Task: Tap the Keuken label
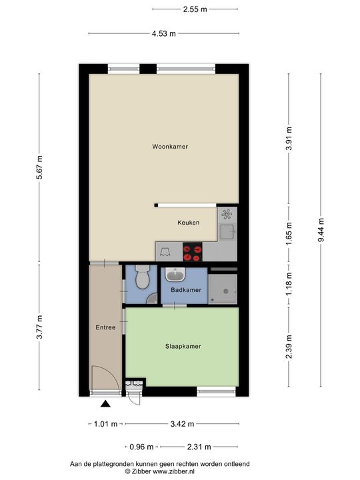188,223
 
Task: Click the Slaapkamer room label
183,346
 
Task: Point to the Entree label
105,327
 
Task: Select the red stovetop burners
193,252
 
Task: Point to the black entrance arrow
105,403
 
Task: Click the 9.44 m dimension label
321,229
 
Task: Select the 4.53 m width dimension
163,33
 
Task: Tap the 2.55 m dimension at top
195,9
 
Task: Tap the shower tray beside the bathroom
223,287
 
